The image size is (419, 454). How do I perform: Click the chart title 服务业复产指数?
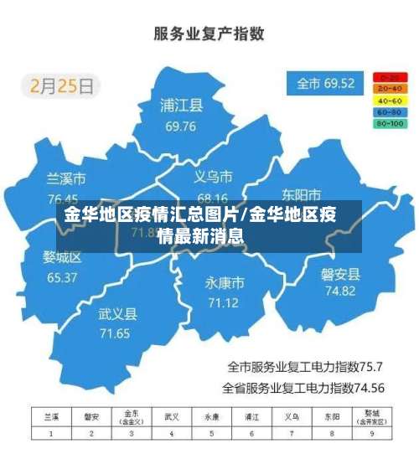(x=209, y=34)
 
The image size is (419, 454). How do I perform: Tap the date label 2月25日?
(x=63, y=85)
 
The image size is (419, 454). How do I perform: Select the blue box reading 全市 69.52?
(x=325, y=84)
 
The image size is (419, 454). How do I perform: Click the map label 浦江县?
(x=182, y=106)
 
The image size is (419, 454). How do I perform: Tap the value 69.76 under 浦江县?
(x=181, y=127)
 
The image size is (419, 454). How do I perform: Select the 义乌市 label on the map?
(x=213, y=177)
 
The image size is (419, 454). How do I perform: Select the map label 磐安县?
(x=340, y=273)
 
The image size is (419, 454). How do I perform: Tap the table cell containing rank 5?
(x=211, y=433)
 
